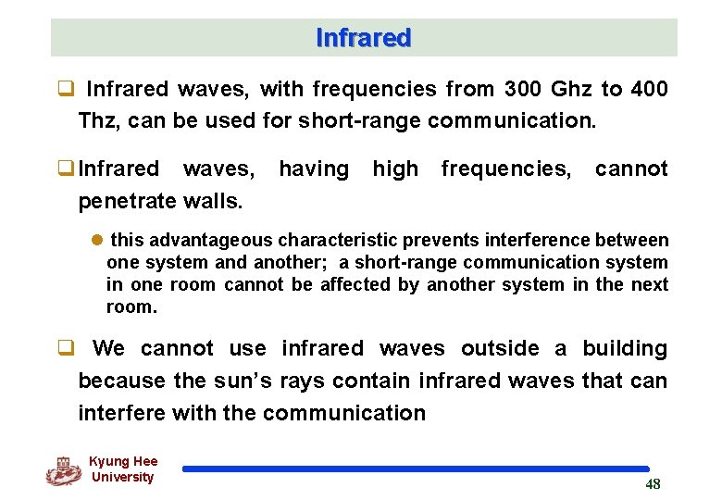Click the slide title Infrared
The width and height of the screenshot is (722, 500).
coord(363,38)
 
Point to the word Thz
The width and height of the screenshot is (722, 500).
coord(97,121)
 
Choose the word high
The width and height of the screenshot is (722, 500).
coord(395,169)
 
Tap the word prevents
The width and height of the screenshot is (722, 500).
coord(419,241)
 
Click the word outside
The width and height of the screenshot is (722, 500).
coord(500,348)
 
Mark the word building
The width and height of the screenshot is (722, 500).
coord(624,348)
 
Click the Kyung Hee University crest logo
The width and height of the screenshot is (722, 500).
coord(63,470)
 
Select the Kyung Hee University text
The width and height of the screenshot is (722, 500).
coord(123,469)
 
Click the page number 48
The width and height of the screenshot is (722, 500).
coord(653,484)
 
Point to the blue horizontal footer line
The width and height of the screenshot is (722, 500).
coord(416,469)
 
